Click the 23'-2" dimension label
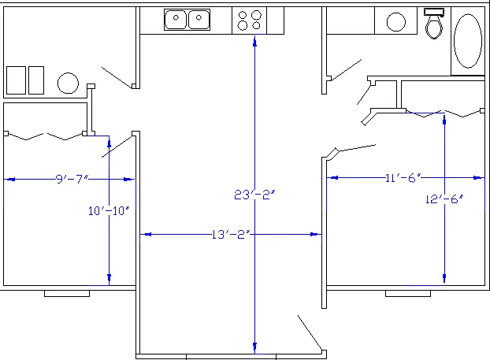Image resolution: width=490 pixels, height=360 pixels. (254, 195)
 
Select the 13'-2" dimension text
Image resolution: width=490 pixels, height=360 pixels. (231, 235)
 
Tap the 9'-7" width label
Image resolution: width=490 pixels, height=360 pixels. (72, 179)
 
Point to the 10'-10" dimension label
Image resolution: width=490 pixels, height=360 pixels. (109, 210)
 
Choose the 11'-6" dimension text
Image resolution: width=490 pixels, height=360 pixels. (403, 178)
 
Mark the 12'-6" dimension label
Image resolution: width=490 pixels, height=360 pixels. (444, 199)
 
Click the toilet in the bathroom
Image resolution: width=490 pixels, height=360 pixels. (434, 24)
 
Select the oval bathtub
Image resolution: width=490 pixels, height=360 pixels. (468, 41)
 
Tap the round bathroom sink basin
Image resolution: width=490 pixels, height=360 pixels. (396, 22)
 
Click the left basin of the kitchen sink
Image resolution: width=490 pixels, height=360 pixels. (176, 20)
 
